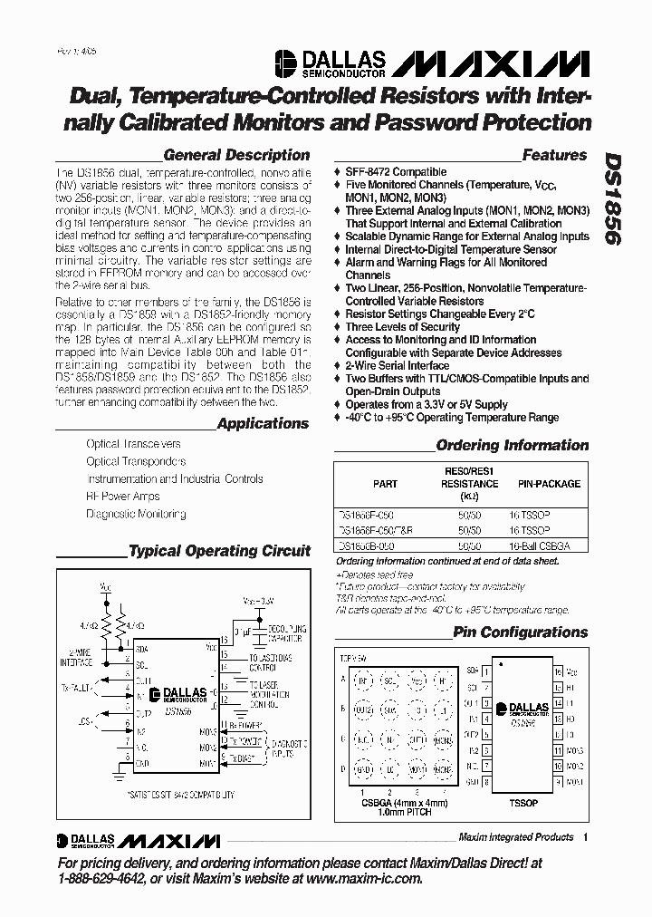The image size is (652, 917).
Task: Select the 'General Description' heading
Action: tap(236, 155)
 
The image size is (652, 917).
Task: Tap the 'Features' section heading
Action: tap(554, 155)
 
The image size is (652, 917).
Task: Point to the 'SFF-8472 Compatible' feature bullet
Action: tap(396, 172)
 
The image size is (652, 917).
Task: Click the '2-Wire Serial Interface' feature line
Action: tap(397, 366)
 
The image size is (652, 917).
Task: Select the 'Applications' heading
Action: tap(263, 423)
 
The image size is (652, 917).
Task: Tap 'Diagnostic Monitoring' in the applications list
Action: tap(136, 514)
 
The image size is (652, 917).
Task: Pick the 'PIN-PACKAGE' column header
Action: tap(549, 484)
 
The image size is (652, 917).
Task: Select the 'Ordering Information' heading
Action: tap(512, 445)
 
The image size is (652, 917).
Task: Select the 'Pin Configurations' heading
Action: tap(520, 632)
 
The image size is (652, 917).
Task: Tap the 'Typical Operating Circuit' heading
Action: tap(219, 551)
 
